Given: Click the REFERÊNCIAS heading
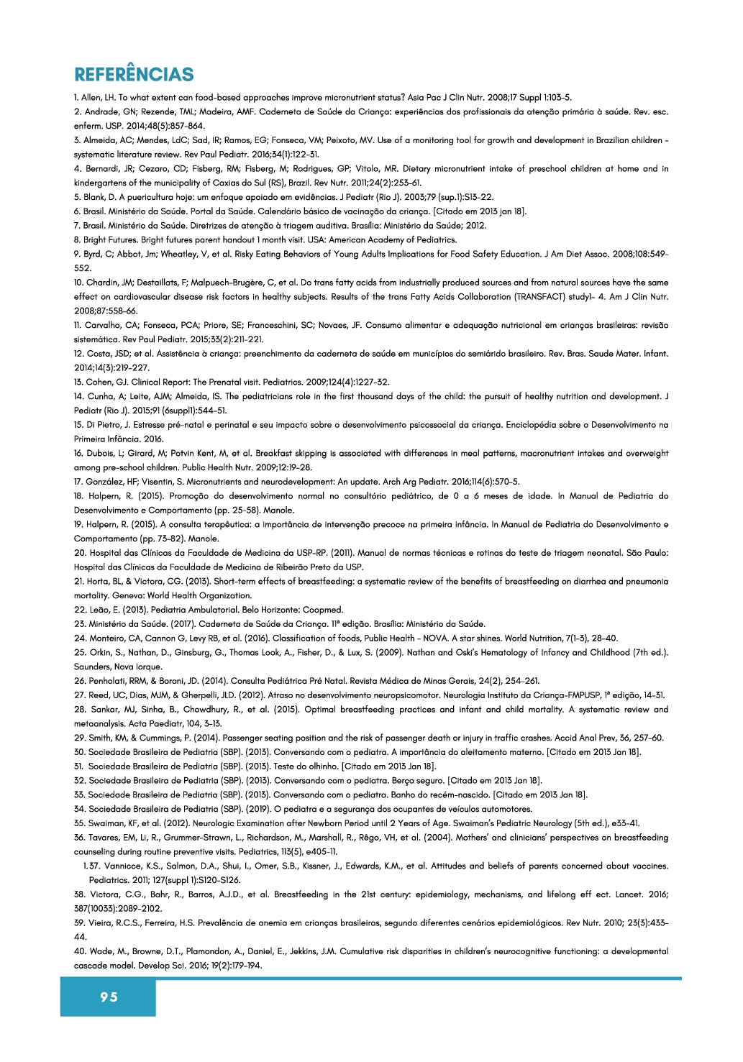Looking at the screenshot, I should click(134, 75).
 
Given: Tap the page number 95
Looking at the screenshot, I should click(109, 997).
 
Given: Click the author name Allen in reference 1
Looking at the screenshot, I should click(93, 98).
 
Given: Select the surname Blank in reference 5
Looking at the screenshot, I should click(94, 197).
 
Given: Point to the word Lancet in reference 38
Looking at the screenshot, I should click(623, 895).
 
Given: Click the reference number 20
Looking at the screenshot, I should click(80, 553).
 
